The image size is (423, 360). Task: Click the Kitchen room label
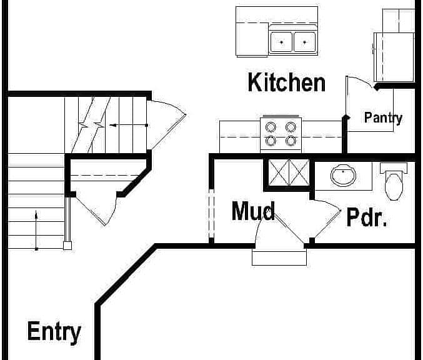point(287,82)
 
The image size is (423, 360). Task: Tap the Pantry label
point(383,117)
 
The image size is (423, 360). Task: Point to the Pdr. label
point(367,217)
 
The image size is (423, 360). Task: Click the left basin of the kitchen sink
point(281,42)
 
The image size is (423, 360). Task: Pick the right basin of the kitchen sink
point(304,42)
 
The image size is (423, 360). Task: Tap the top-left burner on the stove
point(271,127)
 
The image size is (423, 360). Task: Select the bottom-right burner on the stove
point(291,141)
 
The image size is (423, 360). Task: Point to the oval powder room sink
point(343,176)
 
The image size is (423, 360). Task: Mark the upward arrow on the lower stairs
point(36,230)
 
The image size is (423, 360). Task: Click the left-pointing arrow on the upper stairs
point(129,125)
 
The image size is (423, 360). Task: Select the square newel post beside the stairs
point(67,246)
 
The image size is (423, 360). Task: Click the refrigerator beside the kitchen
point(394,57)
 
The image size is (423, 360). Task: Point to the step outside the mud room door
point(279,258)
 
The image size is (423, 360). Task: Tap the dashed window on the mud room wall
point(211,214)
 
